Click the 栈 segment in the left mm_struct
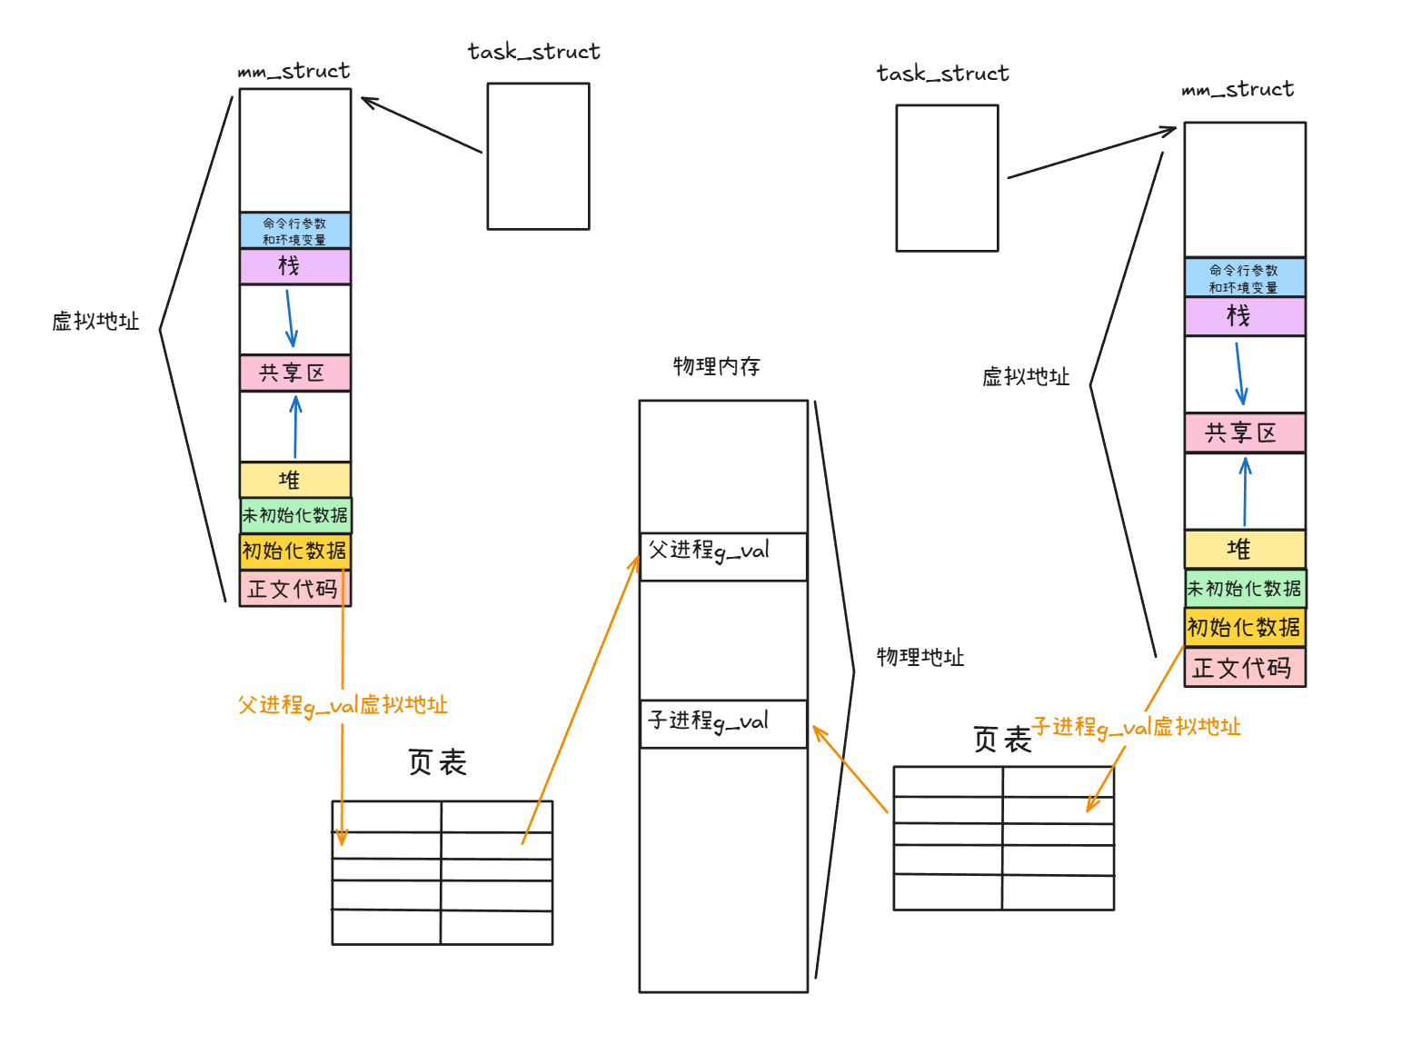(x=294, y=266)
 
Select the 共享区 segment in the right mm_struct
(x=1244, y=433)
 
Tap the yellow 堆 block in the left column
(x=294, y=480)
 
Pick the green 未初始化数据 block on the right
(x=1245, y=589)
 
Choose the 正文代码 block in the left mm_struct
(x=294, y=589)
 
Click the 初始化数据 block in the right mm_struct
(x=1244, y=628)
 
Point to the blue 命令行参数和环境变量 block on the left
(x=294, y=231)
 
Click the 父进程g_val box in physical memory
(x=723, y=556)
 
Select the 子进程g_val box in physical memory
(x=723, y=724)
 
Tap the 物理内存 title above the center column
(x=716, y=366)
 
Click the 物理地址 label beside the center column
(x=920, y=657)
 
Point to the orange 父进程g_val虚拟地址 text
(x=343, y=705)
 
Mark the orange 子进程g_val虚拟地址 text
(x=1136, y=727)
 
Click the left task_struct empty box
(x=538, y=156)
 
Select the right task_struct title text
(x=942, y=74)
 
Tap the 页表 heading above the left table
(x=437, y=762)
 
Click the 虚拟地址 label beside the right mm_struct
(x=1025, y=377)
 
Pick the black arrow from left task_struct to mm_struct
(x=422, y=124)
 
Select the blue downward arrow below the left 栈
(x=290, y=318)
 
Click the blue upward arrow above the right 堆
(x=1245, y=492)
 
